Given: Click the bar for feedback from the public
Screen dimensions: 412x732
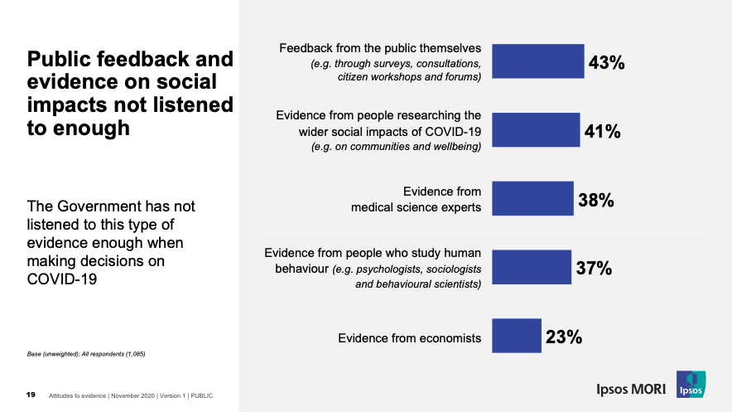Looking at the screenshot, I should tap(538, 61).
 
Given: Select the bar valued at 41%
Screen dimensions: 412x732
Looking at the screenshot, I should tap(536, 129).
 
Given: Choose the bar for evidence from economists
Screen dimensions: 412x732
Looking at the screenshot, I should tap(517, 336).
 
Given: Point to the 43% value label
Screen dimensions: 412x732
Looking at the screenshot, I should tap(606, 63).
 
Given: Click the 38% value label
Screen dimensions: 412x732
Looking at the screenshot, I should tap(595, 200).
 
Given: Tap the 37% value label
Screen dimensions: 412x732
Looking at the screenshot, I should tap(594, 269).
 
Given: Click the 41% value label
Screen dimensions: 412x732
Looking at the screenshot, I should tap(602, 131).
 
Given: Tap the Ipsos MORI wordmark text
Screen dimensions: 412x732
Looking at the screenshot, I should tap(633, 388).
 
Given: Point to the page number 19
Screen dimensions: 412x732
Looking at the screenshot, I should tap(31, 395).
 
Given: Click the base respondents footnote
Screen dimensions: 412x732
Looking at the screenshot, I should tap(87, 354).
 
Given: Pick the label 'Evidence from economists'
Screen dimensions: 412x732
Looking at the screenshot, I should tap(409, 338).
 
